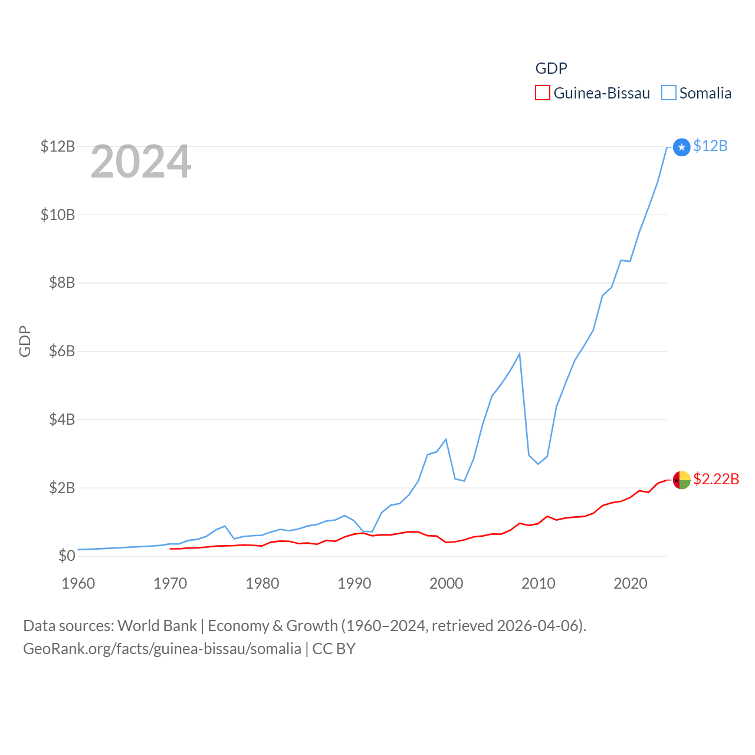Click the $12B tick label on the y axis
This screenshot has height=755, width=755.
coord(58,146)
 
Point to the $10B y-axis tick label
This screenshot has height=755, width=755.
coord(58,215)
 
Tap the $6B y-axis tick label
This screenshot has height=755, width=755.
coord(62,352)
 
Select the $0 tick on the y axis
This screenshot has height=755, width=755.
coord(67,556)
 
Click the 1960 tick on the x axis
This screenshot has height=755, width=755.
coord(78,583)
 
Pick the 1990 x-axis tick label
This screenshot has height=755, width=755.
coord(354,583)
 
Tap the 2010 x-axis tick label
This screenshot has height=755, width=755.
coord(539,583)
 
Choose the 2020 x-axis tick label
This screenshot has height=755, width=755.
coord(631,583)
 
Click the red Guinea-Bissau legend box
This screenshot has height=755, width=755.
coord(543,93)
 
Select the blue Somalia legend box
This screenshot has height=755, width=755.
coord(668,93)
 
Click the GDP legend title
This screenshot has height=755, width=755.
coord(551,68)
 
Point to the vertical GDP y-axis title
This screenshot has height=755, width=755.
coord(25,341)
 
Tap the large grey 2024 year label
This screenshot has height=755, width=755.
coord(141,162)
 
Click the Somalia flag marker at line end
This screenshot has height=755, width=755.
coord(682,147)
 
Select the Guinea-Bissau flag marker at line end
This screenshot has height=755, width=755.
coord(682,480)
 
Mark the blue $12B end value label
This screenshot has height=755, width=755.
coord(710,146)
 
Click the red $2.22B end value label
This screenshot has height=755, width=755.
coord(716,479)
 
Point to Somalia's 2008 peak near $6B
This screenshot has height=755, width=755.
coord(519,354)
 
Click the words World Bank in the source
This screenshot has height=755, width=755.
coord(157,626)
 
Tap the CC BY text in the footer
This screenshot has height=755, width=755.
coord(334,649)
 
